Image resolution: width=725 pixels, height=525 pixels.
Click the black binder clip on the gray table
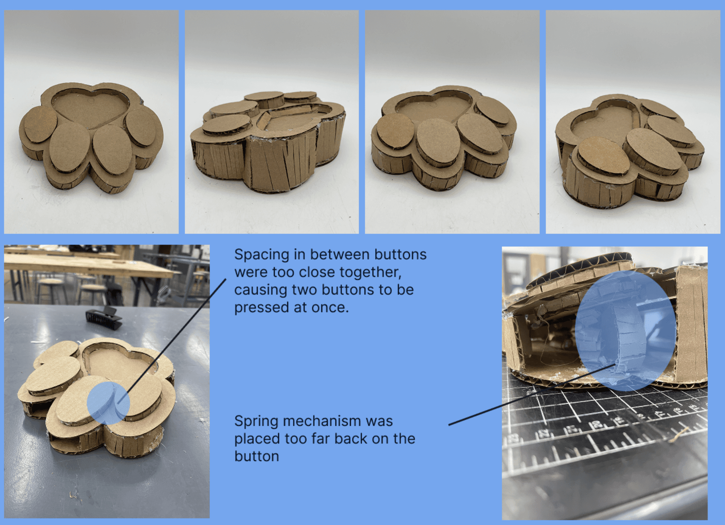pos(104,318)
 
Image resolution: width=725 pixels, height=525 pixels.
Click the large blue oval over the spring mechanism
pos(625,330)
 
